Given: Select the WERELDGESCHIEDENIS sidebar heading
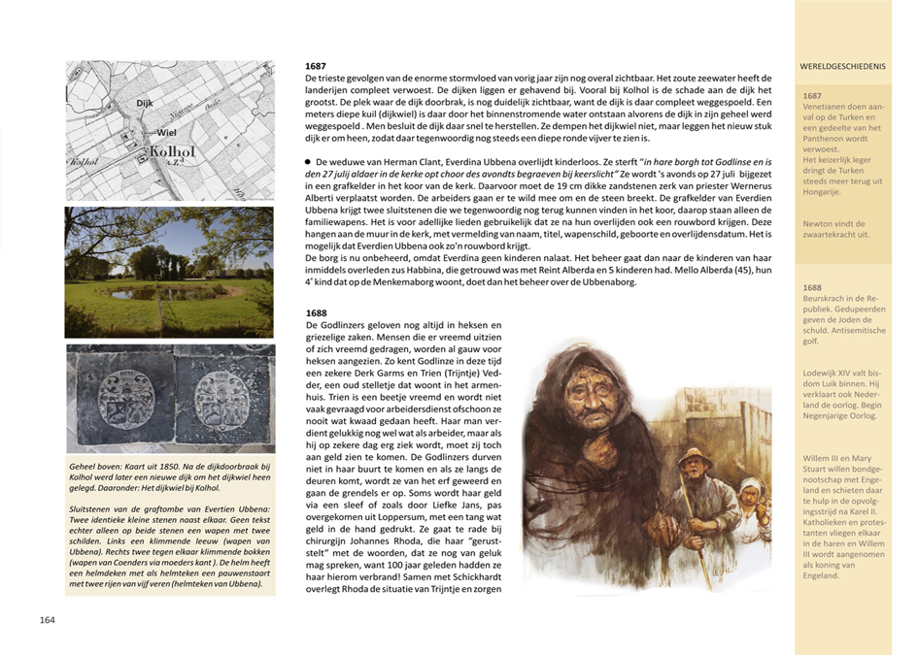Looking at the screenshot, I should pyautogui.click(x=843, y=67).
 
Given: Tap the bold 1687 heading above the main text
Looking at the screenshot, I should pyautogui.click(x=316, y=65).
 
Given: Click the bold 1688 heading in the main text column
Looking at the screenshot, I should pyautogui.click(x=316, y=312).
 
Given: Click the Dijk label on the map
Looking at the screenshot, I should pyautogui.click(x=146, y=101).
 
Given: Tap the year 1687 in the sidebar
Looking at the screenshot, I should pyautogui.click(x=814, y=95).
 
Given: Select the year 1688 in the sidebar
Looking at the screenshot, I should pyautogui.click(x=814, y=288).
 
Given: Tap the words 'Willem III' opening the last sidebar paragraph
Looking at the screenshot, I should pyautogui.click(x=826, y=456).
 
